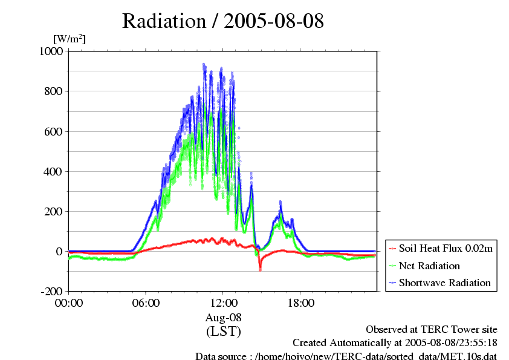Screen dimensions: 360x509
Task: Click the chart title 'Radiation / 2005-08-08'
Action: click(x=222, y=21)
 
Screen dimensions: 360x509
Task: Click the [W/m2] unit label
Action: click(x=70, y=39)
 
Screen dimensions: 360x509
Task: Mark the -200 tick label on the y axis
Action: click(x=51, y=291)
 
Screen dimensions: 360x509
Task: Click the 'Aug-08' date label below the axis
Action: click(x=223, y=317)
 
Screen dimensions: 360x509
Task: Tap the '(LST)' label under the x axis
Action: click(x=223, y=331)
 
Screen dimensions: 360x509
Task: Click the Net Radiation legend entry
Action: click(x=429, y=266)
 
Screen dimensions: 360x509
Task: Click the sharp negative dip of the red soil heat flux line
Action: click(x=260, y=268)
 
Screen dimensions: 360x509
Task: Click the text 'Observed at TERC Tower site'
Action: click(x=432, y=329)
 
